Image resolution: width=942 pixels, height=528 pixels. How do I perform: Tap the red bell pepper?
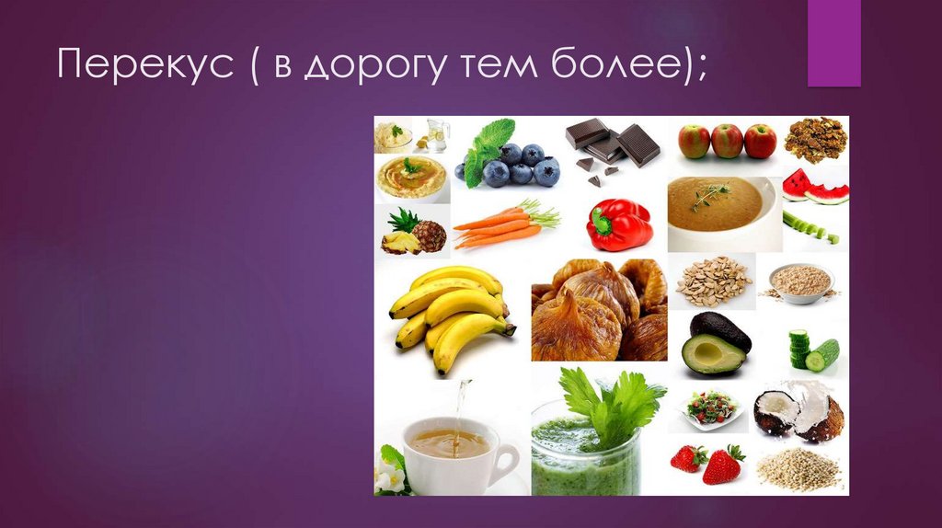click(x=618, y=224)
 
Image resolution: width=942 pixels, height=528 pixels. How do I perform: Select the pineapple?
click(x=415, y=233)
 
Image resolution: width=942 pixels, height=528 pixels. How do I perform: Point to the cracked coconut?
click(x=798, y=413)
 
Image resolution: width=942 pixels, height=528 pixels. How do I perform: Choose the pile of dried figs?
click(x=599, y=310)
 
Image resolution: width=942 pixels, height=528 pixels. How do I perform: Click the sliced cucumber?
click(x=813, y=351)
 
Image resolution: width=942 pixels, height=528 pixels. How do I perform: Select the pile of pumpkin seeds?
click(x=713, y=281)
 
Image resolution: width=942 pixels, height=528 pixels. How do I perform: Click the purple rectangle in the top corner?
click(x=833, y=43)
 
